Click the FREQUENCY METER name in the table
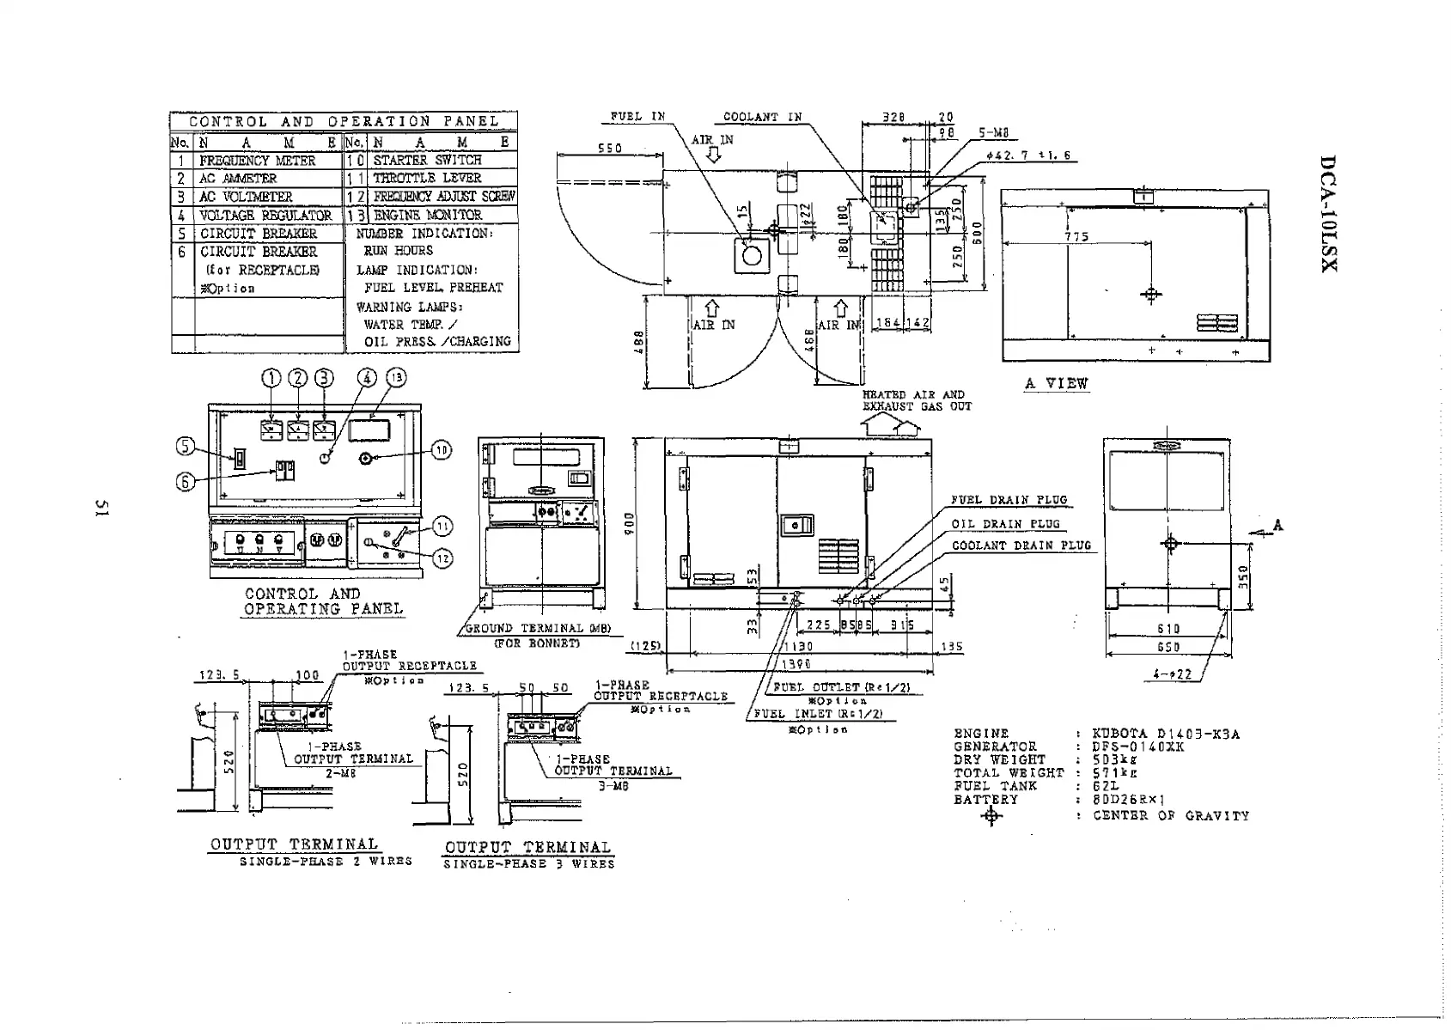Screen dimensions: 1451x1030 tap(258, 161)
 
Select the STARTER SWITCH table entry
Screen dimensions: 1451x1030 tap(427, 160)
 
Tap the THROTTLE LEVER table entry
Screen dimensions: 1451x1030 tap(427, 178)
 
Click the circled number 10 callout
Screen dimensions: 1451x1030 tap(441, 450)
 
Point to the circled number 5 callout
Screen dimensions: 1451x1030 tap(186, 446)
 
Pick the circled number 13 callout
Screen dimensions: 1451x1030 tap(396, 377)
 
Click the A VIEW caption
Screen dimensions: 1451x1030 tap(1056, 384)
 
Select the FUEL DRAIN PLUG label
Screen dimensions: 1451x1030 tap(1009, 500)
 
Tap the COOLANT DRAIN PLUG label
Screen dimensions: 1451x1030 tap(1021, 545)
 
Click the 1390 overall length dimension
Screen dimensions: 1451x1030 tap(798, 663)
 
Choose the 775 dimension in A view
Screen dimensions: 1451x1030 tap(1076, 236)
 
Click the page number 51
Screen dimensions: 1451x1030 tap(100, 509)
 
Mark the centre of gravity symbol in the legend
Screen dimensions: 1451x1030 tap(991, 816)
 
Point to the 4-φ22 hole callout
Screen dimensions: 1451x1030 tap(1172, 674)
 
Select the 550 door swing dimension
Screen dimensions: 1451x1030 tap(610, 148)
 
